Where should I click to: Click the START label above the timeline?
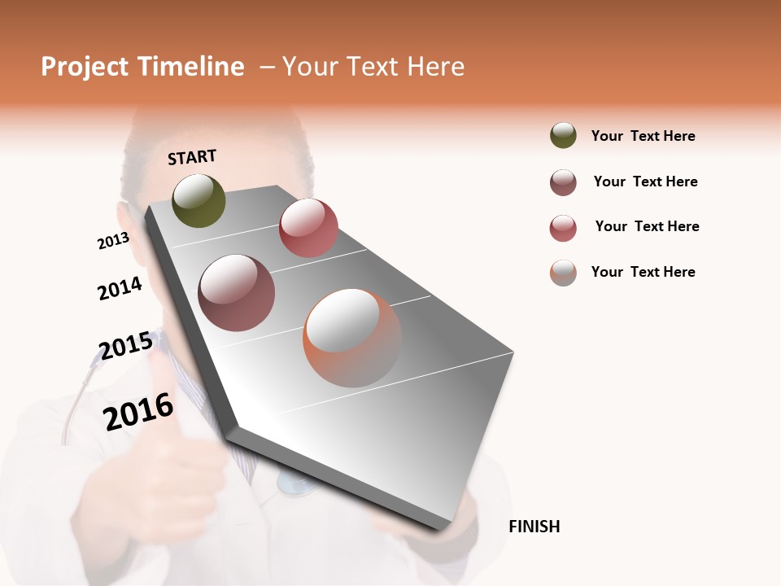pyautogui.click(x=192, y=157)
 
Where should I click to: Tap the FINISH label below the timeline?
pyautogui.click(x=534, y=527)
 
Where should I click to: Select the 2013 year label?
pyautogui.click(x=113, y=241)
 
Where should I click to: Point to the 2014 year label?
pyautogui.click(x=120, y=289)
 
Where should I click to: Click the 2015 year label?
pyautogui.click(x=125, y=346)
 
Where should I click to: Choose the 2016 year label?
pyautogui.click(x=138, y=411)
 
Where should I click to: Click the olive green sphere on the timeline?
pyautogui.click(x=199, y=200)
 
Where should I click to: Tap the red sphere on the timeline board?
pyautogui.click(x=308, y=228)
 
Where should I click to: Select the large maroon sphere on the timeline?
pyautogui.click(x=237, y=293)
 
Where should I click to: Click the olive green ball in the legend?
pyautogui.click(x=563, y=135)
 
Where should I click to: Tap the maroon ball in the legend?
pyautogui.click(x=563, y=182)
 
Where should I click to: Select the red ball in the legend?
pyautogui.click(x=563, y=228)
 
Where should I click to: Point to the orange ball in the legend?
pyautogui.click(x=563, y=273)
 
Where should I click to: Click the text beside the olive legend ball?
pyautogui.click(x=643, y=136)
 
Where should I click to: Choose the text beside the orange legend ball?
pyautogui.click(x=643, y=272)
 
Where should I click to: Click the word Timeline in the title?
pyautogui.click(x=191, y=67)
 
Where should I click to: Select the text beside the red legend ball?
pyautogui.click(x=647, y=226)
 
